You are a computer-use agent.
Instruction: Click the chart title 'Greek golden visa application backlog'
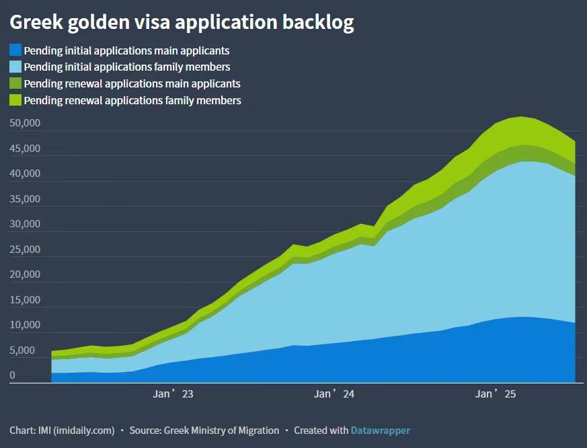182,22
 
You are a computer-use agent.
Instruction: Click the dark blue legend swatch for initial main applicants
15,50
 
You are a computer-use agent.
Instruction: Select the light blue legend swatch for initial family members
15,67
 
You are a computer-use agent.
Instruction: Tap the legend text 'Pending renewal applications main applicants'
132,83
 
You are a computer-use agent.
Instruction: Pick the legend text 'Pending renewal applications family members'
132,100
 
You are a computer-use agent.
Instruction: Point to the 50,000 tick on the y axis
26,123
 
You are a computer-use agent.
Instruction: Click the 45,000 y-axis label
26,148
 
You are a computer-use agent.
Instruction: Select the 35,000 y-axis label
26,199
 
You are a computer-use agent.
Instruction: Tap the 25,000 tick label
26,250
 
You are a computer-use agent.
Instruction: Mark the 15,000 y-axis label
26,300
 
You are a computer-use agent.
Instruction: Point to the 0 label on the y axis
12,375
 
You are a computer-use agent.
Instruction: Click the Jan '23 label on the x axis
173,394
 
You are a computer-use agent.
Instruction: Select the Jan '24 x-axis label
334,394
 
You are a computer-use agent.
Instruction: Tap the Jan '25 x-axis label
495,394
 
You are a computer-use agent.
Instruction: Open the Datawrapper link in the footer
380,430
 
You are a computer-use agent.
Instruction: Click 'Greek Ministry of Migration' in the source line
221,430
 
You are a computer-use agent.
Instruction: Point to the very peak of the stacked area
522,117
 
